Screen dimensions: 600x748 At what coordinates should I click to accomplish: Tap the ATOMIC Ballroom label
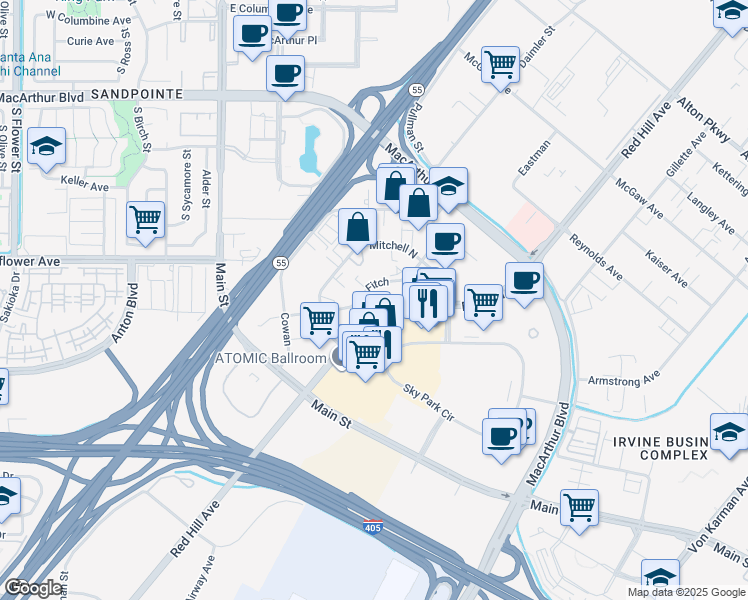point(272,359)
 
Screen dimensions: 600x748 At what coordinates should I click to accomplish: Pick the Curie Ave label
point(91,41)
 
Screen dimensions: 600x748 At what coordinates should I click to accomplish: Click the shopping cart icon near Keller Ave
point(146,219)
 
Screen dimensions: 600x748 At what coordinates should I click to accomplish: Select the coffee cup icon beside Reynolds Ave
point(524,280)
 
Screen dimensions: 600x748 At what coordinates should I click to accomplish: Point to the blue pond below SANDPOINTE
point(311,148)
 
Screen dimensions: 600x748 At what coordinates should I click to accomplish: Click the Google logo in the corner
point(33,588)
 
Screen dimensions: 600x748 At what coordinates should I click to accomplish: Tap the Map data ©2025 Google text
point(687,592)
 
